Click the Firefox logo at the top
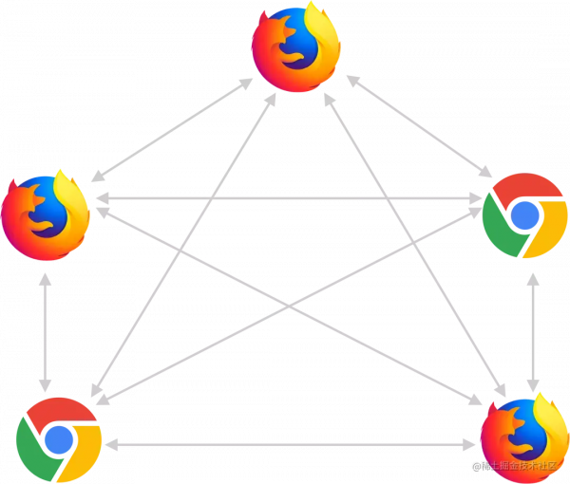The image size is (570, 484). pyautogui.click(x=295, y=48)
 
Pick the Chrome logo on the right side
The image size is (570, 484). pyautogui.click(x=523, y=215)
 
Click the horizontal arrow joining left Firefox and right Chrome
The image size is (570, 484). pyautogui.click(x=285, y=197)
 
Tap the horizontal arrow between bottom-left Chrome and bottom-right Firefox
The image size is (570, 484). pyautogui.click(x=290, y=443)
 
